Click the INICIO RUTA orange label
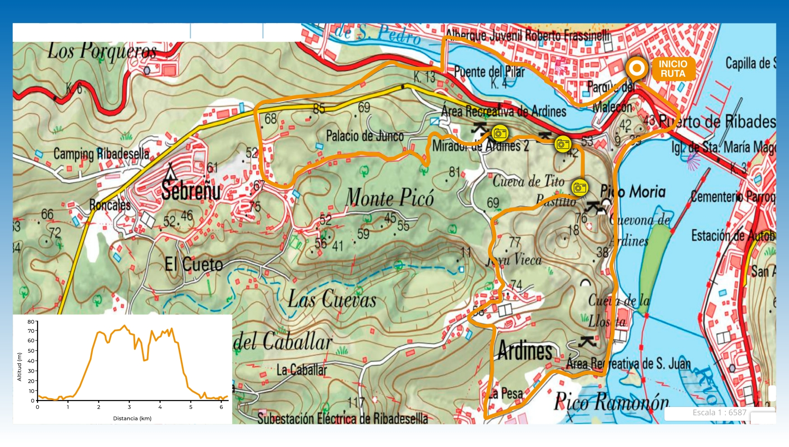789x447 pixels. coord(673,69)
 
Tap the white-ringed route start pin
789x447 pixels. coord(637,69)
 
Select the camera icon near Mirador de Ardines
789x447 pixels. coord(499,133)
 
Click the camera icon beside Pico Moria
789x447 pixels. coord(580,187)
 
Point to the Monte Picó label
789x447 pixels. coord(390,198)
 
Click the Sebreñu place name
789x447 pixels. coord(191,190)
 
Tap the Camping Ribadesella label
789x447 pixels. coord(101,154)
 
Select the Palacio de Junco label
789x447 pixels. coord(365,135)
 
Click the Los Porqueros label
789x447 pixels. coord(102,51)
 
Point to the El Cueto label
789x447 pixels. coord(194,264)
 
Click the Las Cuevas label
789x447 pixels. coord(332,300)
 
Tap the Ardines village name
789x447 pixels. coord(525,351)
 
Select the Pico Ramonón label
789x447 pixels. coord(611,401)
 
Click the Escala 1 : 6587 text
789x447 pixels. coord(719,413)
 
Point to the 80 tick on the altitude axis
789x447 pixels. coord(31,322)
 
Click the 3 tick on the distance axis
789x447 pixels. coord(129,407)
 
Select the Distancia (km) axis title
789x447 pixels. coord(132,419)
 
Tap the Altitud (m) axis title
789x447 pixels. coord(19,367)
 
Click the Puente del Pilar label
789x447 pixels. coord(489,71)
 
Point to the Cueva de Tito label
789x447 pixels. coord(528,182)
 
